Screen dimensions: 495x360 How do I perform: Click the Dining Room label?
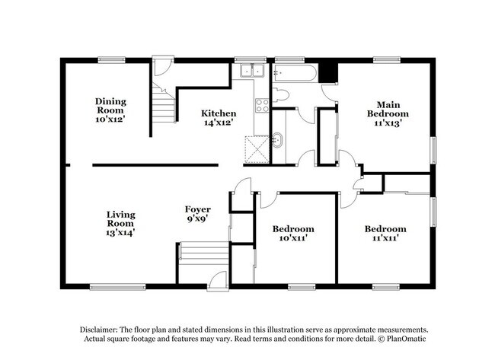[x=110, y=106]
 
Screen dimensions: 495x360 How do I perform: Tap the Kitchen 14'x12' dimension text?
[x=219, y=123]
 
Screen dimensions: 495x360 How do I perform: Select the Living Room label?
[x=120, y=219]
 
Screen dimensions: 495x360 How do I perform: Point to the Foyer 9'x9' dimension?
[x=198, y=218]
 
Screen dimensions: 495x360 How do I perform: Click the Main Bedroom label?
[x=388, y=109]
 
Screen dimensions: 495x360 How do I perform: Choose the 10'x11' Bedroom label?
[x=293, y=233]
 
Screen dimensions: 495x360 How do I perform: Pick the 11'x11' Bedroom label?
[x=385, y=233]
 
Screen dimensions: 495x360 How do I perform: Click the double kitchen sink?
[x=252, y=70]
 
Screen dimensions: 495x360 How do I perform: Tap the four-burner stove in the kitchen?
[x=262, y=105]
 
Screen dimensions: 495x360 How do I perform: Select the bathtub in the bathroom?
[x=295, y=73]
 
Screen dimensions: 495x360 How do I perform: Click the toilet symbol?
[x=280, y=94]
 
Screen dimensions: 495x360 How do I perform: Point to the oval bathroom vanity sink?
[x=277, y=140]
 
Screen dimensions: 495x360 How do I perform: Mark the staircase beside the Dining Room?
[x=164, y=103]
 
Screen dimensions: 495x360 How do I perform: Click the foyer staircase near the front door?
[x=203, y=254]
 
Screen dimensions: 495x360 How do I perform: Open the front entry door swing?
[x=218, y=280]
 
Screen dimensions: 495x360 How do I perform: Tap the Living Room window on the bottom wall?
[x=118, y=287]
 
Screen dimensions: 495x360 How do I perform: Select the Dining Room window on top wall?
[x=111, y=59]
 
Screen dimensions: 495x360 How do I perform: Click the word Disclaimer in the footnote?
[x=98, y=330]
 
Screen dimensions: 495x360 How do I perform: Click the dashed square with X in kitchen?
[x=257, y=149]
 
